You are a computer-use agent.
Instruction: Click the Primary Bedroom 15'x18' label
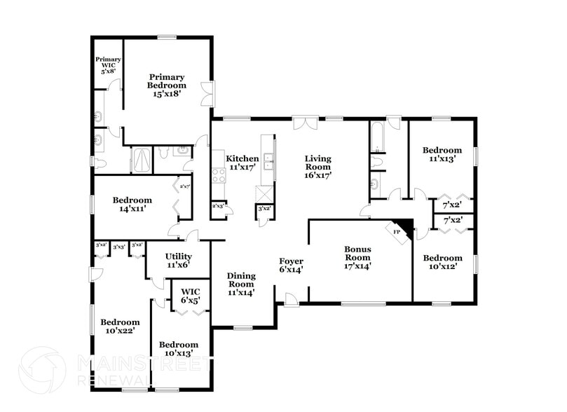click(166, 85)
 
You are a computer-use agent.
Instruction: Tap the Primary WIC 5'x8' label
click(108, 64)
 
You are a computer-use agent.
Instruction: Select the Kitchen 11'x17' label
click(242, 163)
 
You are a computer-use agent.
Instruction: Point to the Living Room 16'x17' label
click(317, 167)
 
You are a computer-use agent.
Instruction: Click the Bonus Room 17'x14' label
click(357, 257)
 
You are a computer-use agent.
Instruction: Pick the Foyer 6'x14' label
click(291, 266)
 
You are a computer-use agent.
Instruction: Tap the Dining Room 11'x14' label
click(240, 284)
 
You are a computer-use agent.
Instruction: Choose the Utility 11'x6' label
click(179, 261)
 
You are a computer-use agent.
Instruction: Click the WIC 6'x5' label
click(191, 295)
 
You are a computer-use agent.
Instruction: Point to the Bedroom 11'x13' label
click(442, 154)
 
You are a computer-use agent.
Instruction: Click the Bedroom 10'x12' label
click(442, 261)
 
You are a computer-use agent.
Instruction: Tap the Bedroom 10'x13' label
click(178, 348)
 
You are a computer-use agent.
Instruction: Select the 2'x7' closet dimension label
click(184, 186)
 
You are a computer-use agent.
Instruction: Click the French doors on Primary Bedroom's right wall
click(207, 94)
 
